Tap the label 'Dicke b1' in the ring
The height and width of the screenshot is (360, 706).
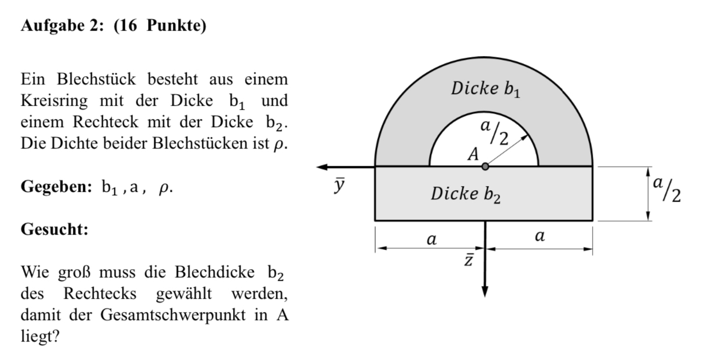point(485,90)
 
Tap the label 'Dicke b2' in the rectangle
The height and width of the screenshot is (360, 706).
point(466,194)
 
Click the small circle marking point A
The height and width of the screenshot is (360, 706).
point(485,166)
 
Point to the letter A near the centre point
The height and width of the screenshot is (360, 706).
point(474,154)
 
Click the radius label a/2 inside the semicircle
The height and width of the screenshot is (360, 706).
point(496,132)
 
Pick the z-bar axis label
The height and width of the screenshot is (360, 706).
point(470,261)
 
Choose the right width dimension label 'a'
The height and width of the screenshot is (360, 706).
point(539,236)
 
